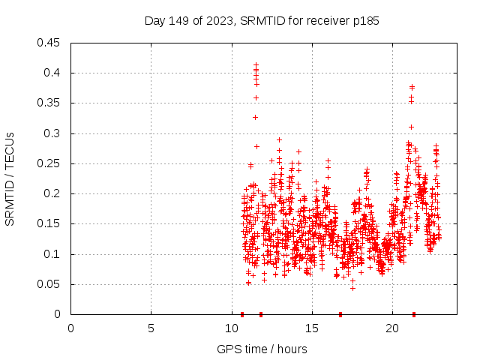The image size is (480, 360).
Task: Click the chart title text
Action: coord(262,21)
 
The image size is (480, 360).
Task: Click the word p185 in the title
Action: coord(366,21)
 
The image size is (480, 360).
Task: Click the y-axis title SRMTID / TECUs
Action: coord(10,178)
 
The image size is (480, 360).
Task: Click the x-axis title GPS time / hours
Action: coord(262,349)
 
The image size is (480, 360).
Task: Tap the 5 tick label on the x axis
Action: coord(151,328)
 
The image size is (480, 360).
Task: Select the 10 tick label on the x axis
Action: coord(231,328)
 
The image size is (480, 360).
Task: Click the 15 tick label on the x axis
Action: coord(311,328)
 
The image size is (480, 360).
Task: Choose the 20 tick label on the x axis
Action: coord(391,328)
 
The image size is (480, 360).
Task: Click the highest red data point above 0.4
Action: coord(256,65)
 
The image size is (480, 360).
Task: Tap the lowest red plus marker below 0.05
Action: coord(352,288)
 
